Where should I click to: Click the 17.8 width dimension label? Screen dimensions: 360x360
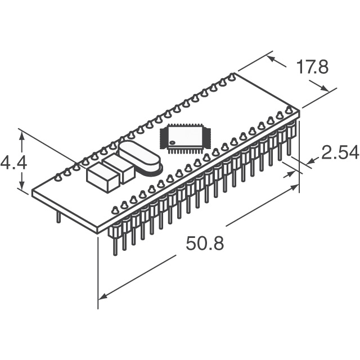click(312, 67)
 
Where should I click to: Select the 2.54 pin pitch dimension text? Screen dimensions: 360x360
click(340, 153)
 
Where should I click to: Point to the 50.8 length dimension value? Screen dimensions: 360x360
click(205, 244)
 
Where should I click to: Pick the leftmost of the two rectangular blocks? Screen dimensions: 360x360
click(102, 176)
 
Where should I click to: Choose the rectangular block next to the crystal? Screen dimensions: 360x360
click(119, 166)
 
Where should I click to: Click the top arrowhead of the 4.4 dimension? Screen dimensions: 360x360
click(22, 134)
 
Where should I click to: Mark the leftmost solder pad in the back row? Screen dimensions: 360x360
click(58, 178)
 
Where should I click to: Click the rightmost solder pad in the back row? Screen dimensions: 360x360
click(232, 76)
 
